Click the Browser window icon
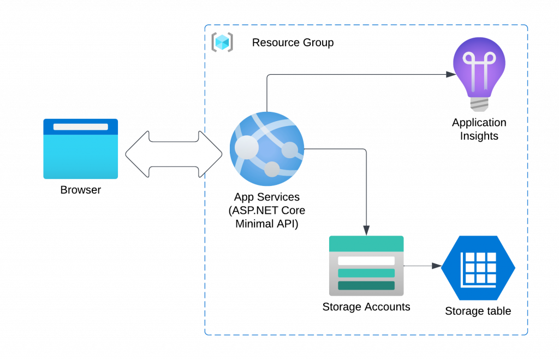click(x=81, y=149)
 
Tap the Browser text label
click(x=81, y=190)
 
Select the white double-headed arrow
click(x=174, y=154)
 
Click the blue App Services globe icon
click(x=267, y=148)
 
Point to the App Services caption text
click(x=267, y=210)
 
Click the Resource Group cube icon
click(x=222, y=42)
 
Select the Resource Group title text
click(x=293, y=42)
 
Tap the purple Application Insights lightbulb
click(x=479, y=68)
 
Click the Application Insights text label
click(x=479, y=129)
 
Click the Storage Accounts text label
click(x=366, y=307)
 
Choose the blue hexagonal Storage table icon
click(x=479, y=268)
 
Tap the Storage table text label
click(x=478, y=311)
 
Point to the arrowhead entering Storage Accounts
click(x=366, y=231)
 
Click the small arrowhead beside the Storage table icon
click(x=436, y=266)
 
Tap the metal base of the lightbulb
click(x=479, y=104)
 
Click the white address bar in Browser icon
click(x=81, y=127)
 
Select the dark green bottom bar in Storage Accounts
click(x=366, y=285)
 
